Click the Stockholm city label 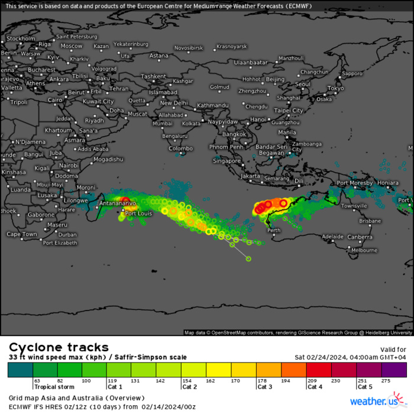(x=21, y=38)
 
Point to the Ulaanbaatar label (x=251, y=62)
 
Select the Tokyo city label (x=335, y=88)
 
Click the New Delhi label (x=174, y=103)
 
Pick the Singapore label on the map (x=227, y=160)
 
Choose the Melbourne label (x=364, y=250)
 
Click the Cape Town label (x=21, y=234)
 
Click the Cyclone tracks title (x=58, y=347)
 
